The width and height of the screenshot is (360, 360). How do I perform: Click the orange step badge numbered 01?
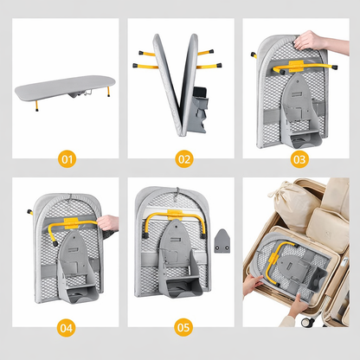(x=67, y=159)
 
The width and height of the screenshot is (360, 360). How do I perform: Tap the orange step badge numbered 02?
(x=184, y=159)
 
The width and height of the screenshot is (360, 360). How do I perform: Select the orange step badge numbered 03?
(x=299, y=159)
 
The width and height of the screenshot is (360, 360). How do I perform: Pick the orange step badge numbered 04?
(x=67, y=328)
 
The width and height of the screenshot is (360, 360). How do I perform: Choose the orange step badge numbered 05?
(x=183, y=327)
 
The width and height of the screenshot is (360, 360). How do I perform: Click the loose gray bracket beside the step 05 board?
(x=222, y=241)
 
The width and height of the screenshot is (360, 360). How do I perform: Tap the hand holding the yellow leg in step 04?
(x=108, y=223)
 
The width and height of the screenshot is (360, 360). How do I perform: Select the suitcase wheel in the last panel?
(x=307, y=322)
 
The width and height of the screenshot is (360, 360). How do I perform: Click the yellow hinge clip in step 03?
(x=296, y=66)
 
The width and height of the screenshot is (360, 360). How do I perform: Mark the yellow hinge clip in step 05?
(x=175, y=215)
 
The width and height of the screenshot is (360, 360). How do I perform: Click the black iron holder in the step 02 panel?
(x=200, y=93)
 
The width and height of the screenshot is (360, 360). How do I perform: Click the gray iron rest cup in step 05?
(x=182, y=288)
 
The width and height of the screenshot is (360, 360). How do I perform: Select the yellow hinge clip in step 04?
(x=71, y=223)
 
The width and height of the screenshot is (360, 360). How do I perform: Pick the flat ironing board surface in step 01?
(x=65, y=87)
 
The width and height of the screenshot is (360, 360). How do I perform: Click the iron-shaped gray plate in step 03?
(x=296, y=97)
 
